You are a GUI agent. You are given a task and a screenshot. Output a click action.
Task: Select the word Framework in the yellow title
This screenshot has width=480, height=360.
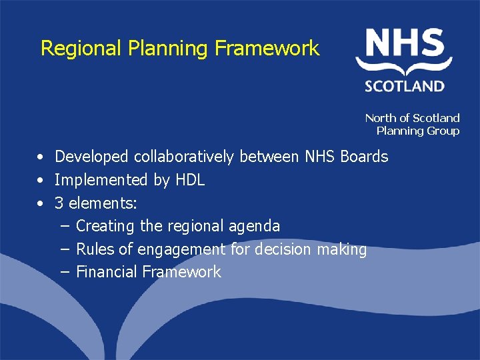tap(267, 48)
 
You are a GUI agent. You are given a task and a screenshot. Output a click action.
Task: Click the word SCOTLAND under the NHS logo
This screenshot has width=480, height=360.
tap(405, 85)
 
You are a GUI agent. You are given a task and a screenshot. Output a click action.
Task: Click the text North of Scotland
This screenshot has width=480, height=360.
tap(412, 118)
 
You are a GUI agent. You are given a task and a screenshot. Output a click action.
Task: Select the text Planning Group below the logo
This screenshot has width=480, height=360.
tap(417, 131)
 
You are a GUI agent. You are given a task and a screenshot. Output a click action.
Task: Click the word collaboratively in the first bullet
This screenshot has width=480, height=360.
tap(184, 157)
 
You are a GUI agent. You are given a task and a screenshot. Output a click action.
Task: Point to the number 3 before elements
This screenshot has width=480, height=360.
tap(59, 203)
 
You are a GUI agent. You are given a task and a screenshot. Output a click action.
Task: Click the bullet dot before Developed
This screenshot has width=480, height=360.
tap(41, 157)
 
